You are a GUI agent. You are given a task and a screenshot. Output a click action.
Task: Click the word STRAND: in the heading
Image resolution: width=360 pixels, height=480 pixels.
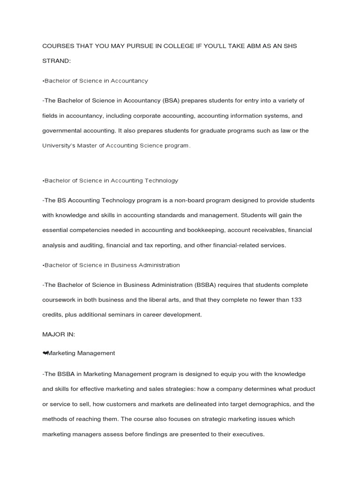tap(56, 61)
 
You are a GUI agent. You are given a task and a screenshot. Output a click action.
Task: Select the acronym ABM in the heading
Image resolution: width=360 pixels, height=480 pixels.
tap(246, 46)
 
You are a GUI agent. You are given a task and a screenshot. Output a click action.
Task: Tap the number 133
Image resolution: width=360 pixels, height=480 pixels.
tap(296, 300)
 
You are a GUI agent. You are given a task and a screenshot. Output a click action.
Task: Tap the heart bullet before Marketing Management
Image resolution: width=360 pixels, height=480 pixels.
tap(45, 353)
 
